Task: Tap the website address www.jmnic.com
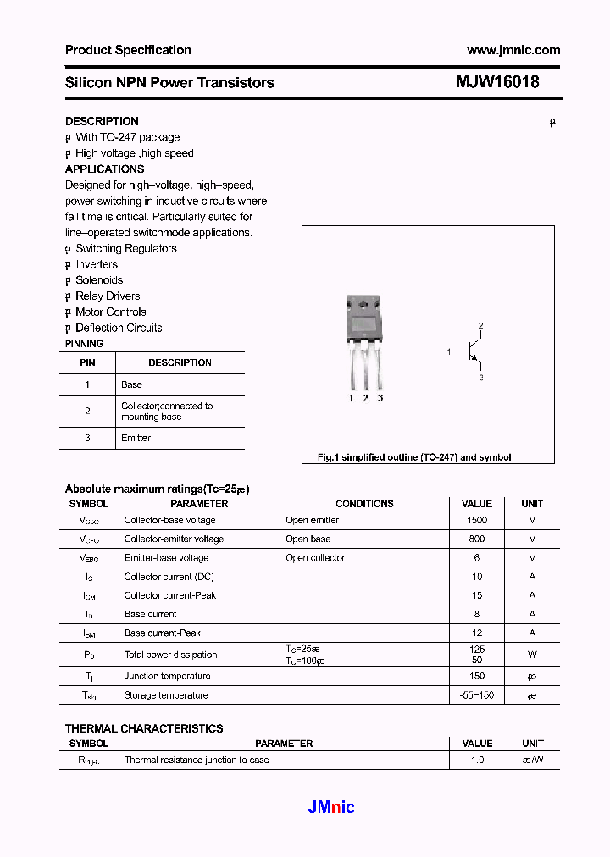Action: tap(513, 50)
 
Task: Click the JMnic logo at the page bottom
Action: tap(330, 807)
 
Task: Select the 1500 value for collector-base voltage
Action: tap(477, 520)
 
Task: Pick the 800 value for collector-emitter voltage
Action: tap(477, 539)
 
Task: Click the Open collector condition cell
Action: tap(315, 558)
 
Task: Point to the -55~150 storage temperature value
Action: tap(477, 695)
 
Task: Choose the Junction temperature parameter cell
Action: tap(167, 676)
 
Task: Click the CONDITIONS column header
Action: tap(364, 503)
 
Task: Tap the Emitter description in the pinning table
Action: tap(136, 438)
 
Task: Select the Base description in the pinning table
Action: tap(131, 384)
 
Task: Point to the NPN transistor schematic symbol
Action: tap(471, 351)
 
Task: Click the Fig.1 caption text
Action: tap(414, 457)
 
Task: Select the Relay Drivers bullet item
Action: tap(108, 296)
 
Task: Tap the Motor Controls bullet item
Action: tap(111, 312)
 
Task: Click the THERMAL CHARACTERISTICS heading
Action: tap(144, 728)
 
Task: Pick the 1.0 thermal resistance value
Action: tap(477, 760)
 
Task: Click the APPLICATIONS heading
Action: tap(104, 169)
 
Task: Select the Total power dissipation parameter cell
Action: tap(170, 655)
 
